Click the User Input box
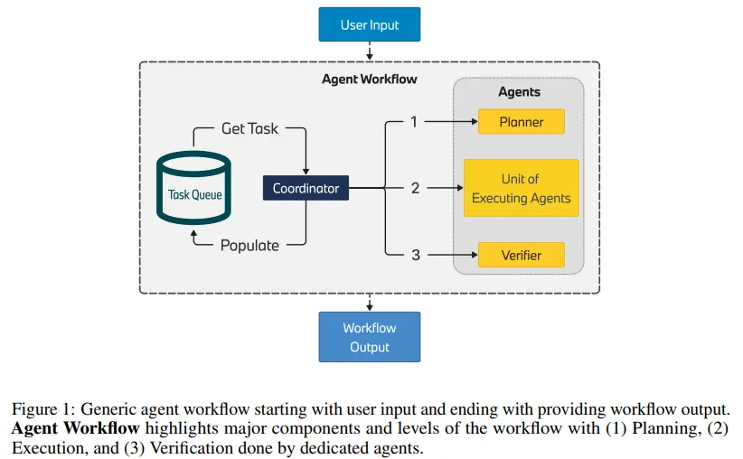(x=370, y=24)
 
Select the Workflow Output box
(x=370, y=336)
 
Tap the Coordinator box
(x=306, y=188)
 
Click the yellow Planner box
(x=521, y=122)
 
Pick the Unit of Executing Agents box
(x=521, y=188)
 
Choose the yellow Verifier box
(x=521, y=255)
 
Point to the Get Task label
(x=249, y=128)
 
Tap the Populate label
(x=249, y=245)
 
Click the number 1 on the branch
(x=414, y=121)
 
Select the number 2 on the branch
(x=415, y=188)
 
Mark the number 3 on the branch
(x=415, y=255)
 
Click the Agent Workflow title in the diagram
(x=370, y=79)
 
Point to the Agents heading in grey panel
(x=519, y=91)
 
